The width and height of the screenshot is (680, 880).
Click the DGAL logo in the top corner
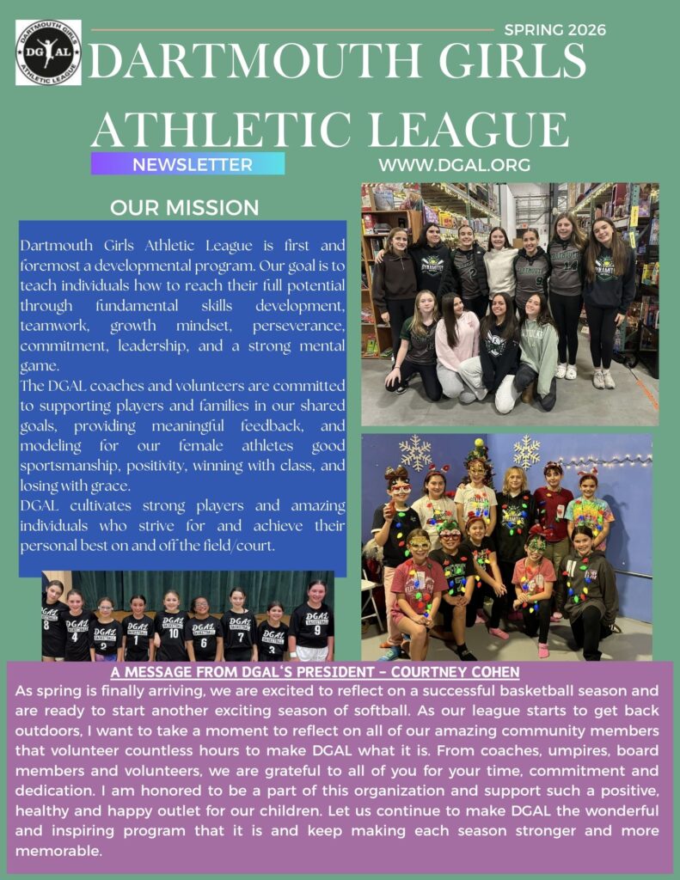[48, 52]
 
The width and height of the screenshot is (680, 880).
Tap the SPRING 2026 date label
[554, 30]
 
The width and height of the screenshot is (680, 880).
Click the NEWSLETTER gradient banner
[187, 164]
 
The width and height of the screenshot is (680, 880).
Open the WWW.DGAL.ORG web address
[454, 164]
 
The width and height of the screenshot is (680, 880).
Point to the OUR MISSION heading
[184, 207]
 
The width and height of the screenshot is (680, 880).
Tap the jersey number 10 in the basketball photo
[173, 632]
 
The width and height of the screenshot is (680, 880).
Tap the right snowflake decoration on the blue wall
[526, 450]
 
